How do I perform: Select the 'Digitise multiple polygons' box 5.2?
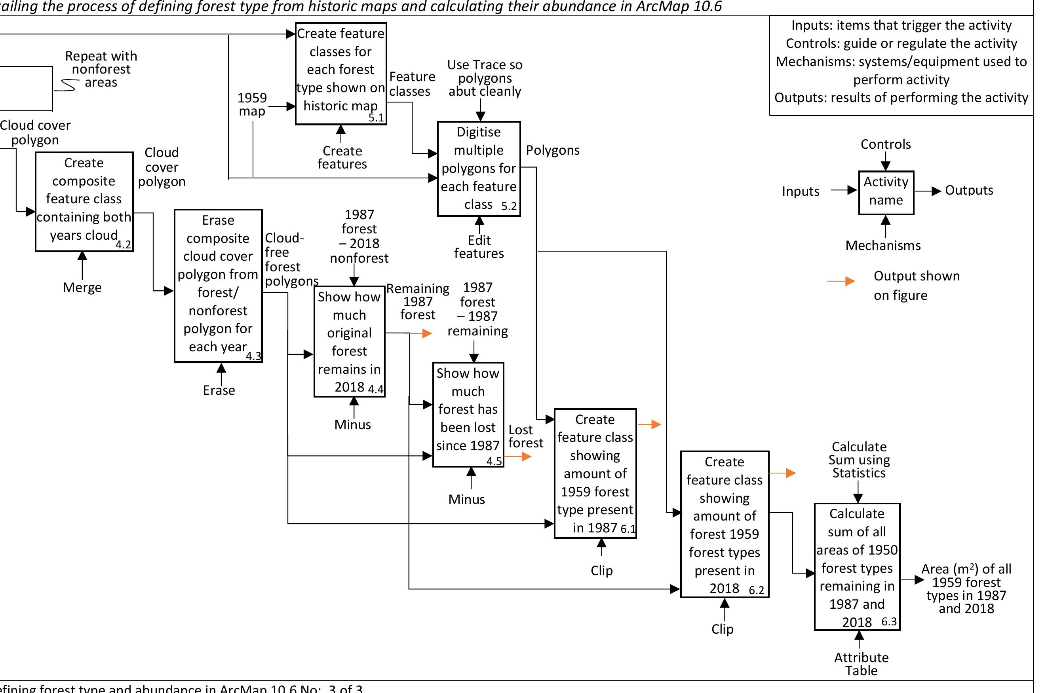tap(479, 169)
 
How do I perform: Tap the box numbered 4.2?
tap(84, 202)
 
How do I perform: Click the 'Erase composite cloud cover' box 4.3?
tap(218, 286)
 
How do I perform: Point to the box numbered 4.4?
tap(350, 341)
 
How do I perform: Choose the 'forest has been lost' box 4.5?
tap(468, 414)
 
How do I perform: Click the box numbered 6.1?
tap(595, 473)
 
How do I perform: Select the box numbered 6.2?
tap(724, 524)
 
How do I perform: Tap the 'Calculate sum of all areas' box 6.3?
tap(857, 566)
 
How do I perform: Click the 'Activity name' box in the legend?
tap(886, 192)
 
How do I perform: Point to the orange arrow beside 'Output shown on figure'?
tap(841, 281)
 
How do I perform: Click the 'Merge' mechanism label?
tap(82, 287)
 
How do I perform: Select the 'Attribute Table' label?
tap(861, 664)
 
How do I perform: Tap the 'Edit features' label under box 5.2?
tap(479, 246)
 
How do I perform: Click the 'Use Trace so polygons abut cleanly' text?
tap(485, 78)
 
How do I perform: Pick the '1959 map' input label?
tap(252, 104)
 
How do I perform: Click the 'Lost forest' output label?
tap(525, 436)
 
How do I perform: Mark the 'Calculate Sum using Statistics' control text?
tap(859, 460)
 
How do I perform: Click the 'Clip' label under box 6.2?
tap(722, 629)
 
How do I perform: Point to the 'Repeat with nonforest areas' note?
tap(101, 69)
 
